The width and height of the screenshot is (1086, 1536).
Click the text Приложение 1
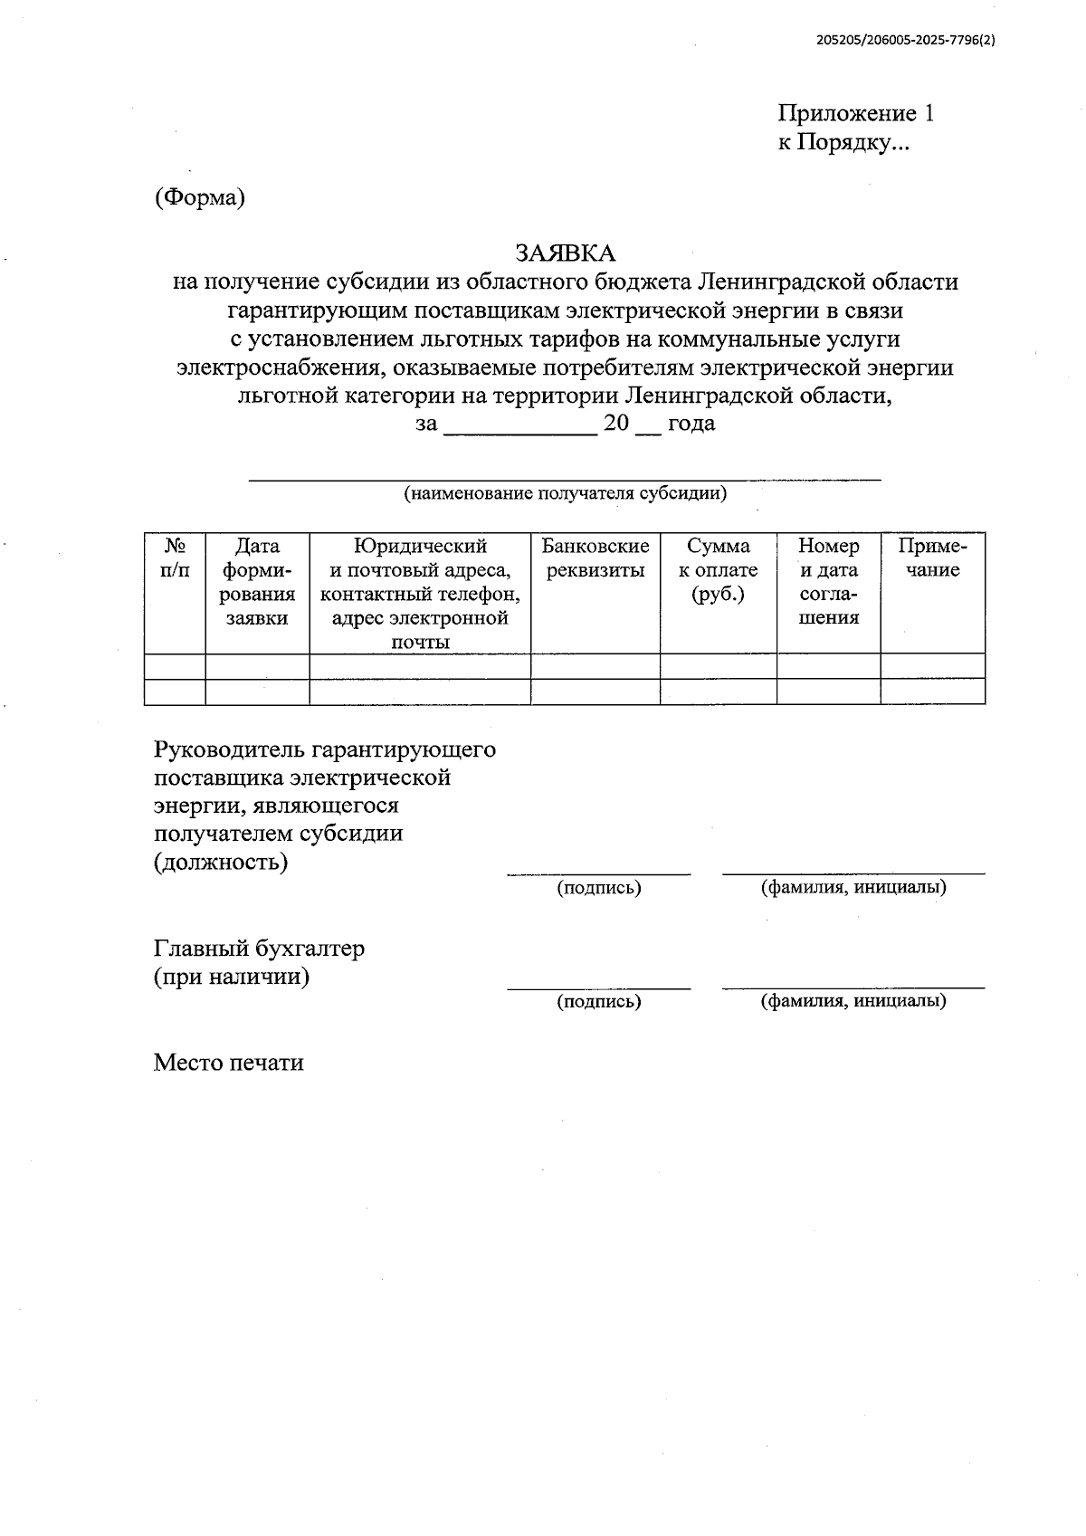pos(855,113)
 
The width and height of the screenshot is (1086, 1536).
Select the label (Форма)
pos(199,197)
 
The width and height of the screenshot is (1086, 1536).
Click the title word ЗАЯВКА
pos(565,253)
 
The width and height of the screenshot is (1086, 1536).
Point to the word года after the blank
pos(691,423)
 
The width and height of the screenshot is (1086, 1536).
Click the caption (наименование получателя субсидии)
pos(565,493)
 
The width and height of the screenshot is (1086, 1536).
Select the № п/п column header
pos(175,558)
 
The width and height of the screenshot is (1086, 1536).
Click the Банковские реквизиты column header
pos(595,558)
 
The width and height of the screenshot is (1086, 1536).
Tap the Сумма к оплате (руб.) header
pos(719,570)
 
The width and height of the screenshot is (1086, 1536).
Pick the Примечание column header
pos(932,558)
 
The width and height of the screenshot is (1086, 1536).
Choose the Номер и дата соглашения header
pos(829,582)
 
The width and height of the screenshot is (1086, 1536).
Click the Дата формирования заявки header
pos(257,582)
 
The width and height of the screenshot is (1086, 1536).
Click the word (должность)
pos(221,862)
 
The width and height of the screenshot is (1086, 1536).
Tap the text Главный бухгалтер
pos(260,949)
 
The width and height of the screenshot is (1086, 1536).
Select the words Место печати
pos(228,1062)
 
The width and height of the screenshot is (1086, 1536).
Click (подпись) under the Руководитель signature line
pos(599,888)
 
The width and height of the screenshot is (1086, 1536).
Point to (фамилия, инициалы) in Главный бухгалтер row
pos(853,1000)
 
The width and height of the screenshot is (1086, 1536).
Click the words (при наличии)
pos(232,977)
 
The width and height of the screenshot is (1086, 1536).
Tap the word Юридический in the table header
pos(420,546)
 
